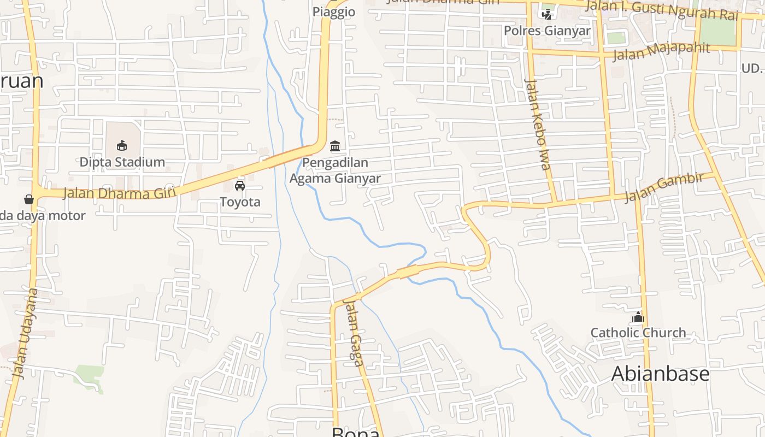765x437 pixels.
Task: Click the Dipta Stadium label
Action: [x=122, y=162]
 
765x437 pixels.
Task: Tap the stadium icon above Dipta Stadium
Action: [x=122, y=145]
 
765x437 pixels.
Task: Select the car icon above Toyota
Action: [x=240, y=186]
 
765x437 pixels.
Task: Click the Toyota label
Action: [x=240, y=202]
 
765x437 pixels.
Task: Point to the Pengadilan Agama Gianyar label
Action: [x=335, y=170]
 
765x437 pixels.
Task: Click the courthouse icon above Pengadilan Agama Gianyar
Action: [x=335, y=146]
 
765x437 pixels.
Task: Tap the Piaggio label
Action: [x=334, y=12]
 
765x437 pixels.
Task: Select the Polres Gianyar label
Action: [x=547, y=31]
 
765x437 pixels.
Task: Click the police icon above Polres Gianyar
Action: [x=546, y=14]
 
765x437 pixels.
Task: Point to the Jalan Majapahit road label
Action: [x=661, y=51]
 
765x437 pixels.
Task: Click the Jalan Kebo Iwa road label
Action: [x=538, y=125]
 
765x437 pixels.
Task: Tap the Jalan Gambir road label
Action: [x=663, y=186]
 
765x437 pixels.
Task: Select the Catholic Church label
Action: [x=638, y=333]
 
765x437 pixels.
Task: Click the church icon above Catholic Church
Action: [x=638, y=317]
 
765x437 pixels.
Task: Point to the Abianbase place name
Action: [x=660, y=374]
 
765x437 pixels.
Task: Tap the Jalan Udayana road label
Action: [x=27, y=333]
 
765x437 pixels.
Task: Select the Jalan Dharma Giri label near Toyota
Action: [x=119, y=193]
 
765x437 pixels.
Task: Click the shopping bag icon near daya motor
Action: [x=29, y=199]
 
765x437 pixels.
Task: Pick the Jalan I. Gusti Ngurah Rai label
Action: [x=661, y=9]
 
